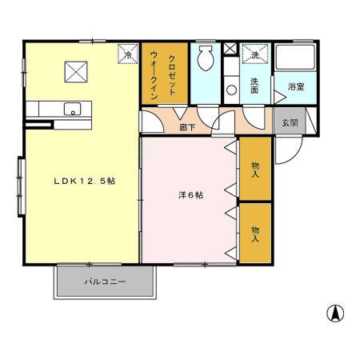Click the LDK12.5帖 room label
tap(85, 182)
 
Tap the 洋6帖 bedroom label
tap(190, 194)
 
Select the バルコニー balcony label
tap(105, 282)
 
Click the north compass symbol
tap(335, 313)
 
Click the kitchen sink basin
tap(70, 111)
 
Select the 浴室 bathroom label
tap(294, 86)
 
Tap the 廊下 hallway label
tap(187, 126)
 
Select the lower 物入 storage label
tap(255, 233)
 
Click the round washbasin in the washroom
tap(230, 89)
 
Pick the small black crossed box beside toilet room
tap(230, 50)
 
